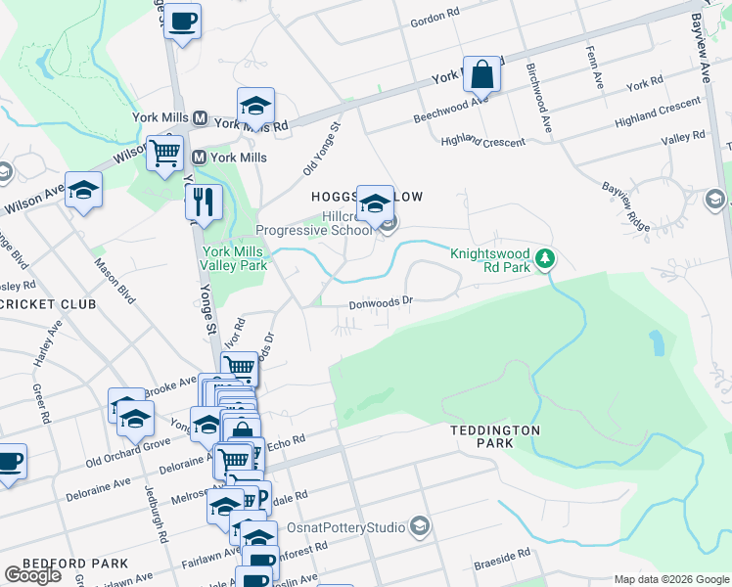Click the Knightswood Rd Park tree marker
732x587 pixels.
tap(546, 259)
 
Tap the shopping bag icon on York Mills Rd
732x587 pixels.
tap(482, 73)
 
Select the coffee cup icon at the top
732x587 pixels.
tap(182, 21)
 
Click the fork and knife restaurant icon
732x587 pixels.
tap(204, 202)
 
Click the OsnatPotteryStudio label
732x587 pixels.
tap(345, 527)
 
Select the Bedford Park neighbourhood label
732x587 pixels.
tap(74, 564)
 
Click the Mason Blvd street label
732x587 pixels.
tap(114, 281)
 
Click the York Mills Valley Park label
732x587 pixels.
tap(234, 257)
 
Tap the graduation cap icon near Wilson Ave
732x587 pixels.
tap(84, 190)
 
